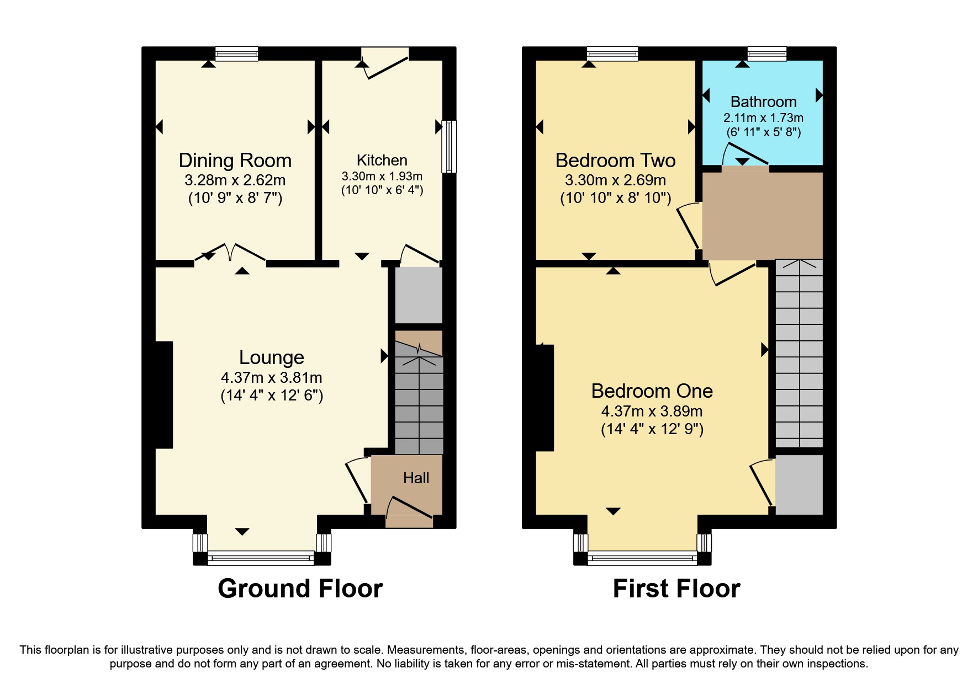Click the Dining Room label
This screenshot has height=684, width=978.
click(235, 161)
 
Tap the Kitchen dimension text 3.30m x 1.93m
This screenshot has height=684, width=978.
click(382, 177)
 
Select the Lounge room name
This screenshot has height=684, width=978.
click(271, 357)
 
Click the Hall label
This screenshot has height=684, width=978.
click(416, 478)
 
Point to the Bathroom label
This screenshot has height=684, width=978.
click(763, 101)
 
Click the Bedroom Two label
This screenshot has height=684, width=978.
click(615, 161)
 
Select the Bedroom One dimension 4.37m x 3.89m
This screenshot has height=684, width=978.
click(652, 412)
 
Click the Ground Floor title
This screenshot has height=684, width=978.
click(300, 589)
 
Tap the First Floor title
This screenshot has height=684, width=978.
click(676, 589)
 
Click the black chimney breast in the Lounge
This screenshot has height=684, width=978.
click(164, 394)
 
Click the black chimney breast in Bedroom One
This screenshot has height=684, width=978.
click(544, 398)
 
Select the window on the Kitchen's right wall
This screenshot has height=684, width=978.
click(450, 146)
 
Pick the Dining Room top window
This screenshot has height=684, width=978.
click(236, 54)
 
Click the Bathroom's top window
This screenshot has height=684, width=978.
click(766, 54)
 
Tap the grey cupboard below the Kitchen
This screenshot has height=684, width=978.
click(419, 295)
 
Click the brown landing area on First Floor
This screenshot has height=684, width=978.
click(762, 215)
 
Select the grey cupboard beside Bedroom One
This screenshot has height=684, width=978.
click(799, 484)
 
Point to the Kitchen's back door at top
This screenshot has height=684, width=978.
click(385, 63)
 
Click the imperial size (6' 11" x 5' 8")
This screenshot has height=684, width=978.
click(763, 132)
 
